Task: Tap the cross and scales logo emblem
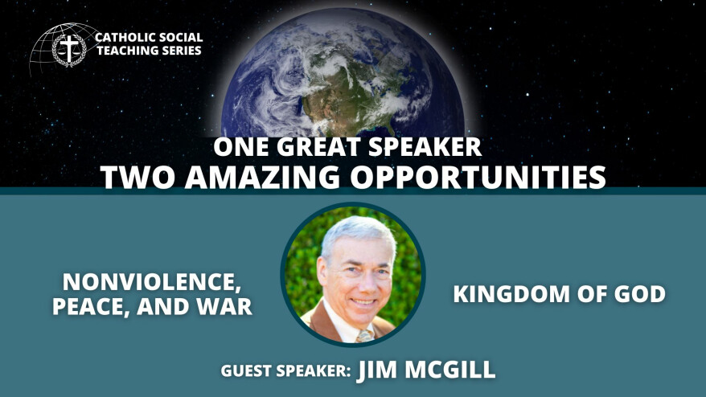point(69,49)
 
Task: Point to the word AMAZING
point(262,177)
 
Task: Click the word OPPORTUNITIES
point(478,177)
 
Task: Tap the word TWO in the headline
point(137,177)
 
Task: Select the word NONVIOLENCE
point(149,282)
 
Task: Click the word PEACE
point(89,306)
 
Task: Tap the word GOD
point(640,294)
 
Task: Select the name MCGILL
point(449,370)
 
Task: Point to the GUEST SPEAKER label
point(285,371)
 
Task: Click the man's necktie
point(365,336)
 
